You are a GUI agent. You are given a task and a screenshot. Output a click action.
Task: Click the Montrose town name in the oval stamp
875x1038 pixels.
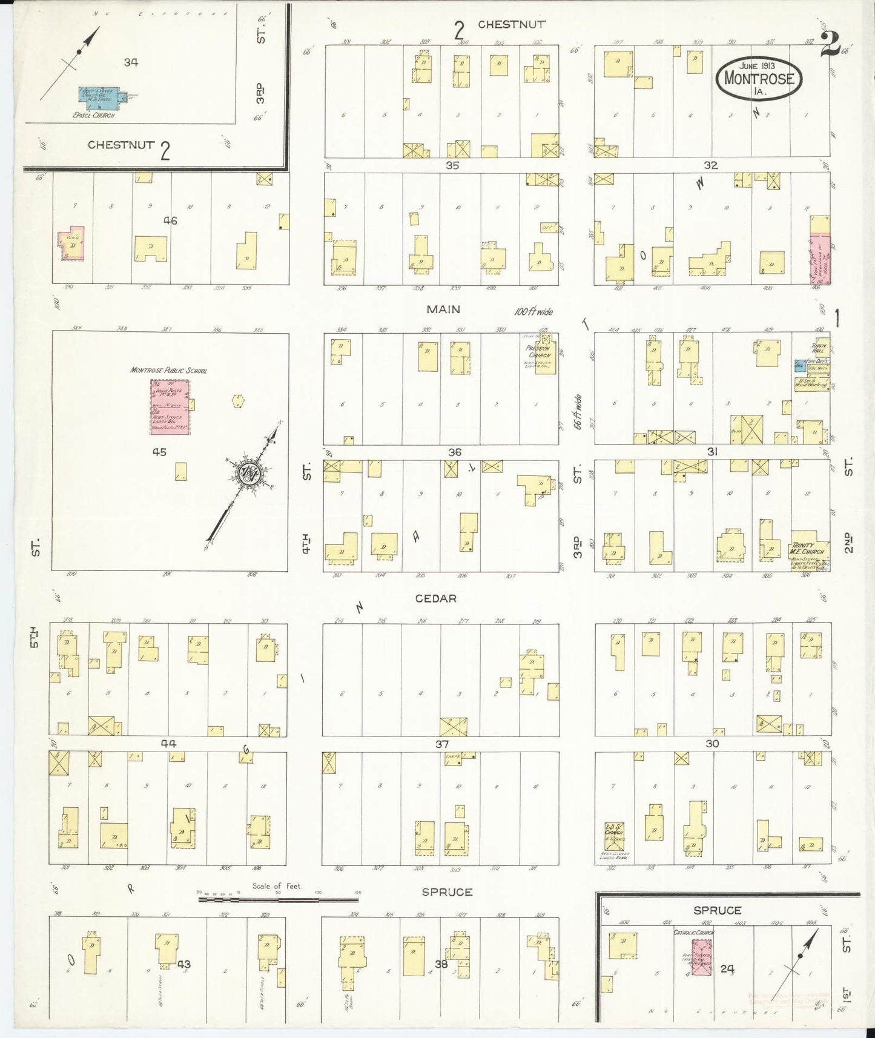pyautogui.click(x=759, y=78)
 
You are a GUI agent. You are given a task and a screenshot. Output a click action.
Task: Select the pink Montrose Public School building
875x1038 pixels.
pyautogui.click(x=170, y=406)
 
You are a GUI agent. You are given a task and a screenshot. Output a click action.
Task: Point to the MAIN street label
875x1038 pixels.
pyautogui.click(x=443, y=309)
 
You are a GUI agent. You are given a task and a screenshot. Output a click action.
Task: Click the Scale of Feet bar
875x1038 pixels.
pyautogui.click(x=279, y=900)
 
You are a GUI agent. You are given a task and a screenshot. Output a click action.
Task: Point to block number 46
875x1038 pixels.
pyautogui.click(x=170, y=221)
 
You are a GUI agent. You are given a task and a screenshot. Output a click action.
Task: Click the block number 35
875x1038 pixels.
pyautogui.click(x=452, y=165)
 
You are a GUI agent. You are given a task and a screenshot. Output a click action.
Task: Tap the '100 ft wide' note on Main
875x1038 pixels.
pyautogui.click(x=533, y=312)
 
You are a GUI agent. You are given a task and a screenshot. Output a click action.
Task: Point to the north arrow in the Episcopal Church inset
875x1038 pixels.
pyautogui.click(x=83, y=46)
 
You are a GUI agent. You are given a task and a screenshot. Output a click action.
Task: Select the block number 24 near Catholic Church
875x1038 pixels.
pyautogui.click(x=727, y=969)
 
